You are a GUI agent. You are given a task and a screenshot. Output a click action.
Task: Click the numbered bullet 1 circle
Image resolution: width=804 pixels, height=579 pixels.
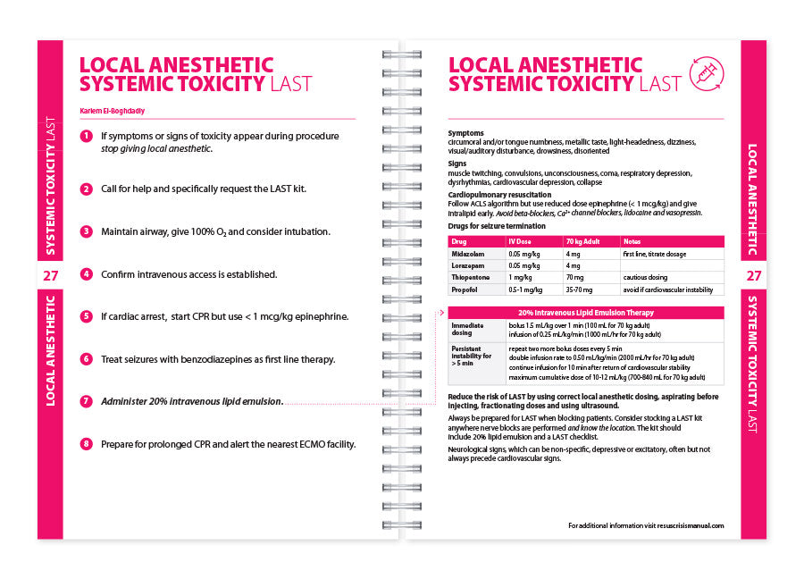click(86, 137)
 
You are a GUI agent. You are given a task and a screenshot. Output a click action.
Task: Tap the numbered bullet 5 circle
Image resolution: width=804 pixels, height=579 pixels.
click(86, 316)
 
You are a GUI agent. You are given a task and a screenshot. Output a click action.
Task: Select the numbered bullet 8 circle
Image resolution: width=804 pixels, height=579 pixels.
click(86, 443)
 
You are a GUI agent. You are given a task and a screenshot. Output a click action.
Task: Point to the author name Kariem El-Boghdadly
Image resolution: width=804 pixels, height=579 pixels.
click(113, 111)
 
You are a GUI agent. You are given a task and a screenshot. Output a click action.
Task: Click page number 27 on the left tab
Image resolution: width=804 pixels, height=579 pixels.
click(50, 275)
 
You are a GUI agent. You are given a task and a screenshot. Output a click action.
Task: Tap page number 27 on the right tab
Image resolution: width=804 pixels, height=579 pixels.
click(754, 275)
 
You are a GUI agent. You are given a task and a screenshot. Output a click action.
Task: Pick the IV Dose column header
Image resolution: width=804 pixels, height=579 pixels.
click(522, 241)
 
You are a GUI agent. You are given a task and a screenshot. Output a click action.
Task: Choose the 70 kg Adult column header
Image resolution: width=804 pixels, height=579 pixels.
click(582, 241)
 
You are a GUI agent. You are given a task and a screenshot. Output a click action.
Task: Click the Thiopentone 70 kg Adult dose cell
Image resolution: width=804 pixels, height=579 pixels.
click(575, 278)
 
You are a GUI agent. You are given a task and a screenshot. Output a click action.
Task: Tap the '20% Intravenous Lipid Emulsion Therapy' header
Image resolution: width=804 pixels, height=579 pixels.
click(585, 313)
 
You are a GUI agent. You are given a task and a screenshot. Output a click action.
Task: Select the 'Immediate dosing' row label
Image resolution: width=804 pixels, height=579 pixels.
click(468, 329)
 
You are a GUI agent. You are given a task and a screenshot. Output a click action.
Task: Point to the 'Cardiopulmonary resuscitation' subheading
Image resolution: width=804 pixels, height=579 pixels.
click(499, 195)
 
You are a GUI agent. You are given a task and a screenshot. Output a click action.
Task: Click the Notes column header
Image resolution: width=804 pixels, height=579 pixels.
click(632, 241)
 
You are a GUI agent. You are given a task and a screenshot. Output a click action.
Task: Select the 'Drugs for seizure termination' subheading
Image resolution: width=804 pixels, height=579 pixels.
click(496, 226)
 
